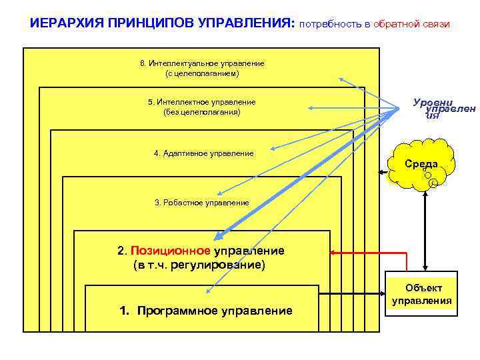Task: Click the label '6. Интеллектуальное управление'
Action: [202, 63]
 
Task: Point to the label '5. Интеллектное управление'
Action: [201, 102]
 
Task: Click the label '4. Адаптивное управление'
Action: [203, 153]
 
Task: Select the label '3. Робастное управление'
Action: [201, 202]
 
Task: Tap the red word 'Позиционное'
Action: [171, 251]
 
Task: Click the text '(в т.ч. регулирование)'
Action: [199, 265]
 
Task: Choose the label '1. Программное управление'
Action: [205, 311]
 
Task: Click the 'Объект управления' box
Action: [421, 294]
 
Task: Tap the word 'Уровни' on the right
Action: [433, 103]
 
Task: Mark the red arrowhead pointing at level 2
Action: [333, 253]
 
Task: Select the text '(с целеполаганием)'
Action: [202, 73]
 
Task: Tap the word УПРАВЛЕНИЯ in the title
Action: [246, 23]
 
